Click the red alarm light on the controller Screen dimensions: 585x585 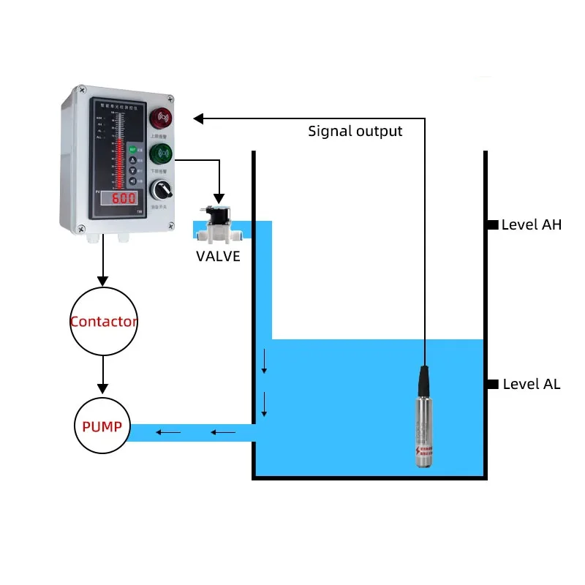161,117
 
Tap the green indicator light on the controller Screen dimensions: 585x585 161,154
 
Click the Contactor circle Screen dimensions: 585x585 103,321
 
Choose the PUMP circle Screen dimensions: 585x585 102,426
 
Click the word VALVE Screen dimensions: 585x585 218,257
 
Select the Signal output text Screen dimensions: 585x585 355,132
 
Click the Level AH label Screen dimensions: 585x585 532,225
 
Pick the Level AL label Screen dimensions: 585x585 532,385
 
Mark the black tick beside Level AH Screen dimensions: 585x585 493,225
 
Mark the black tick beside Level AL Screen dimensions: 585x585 493,385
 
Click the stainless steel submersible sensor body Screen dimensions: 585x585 423,431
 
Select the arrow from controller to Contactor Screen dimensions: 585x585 103,263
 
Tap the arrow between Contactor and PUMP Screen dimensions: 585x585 103,373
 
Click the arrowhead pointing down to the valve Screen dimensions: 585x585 218,197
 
